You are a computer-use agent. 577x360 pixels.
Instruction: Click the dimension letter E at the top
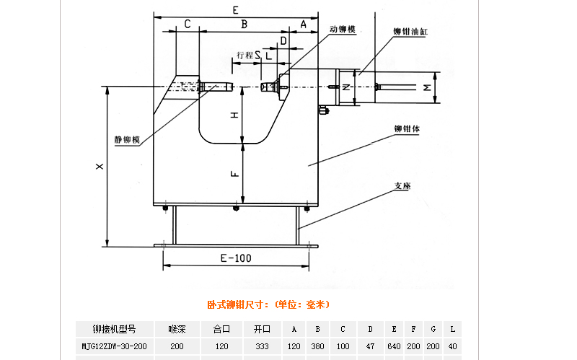[236, 9]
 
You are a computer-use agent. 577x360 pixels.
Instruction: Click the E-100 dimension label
[236, 258]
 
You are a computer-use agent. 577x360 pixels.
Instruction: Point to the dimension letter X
[100, 167]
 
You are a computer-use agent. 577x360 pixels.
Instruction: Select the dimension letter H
[234, 115]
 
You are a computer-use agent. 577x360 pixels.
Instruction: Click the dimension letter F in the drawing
[234, 174]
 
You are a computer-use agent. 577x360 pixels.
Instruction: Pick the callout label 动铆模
[342, 30]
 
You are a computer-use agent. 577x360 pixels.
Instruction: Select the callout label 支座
[402, 185]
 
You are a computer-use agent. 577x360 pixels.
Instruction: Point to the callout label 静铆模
[127, 140]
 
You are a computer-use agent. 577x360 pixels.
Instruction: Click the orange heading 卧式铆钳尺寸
[268, 304]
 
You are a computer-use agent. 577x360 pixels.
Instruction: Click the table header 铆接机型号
[115, 330]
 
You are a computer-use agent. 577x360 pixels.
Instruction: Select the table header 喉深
[177, 330]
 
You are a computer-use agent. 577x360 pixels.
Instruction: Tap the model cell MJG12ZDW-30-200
[115, 347]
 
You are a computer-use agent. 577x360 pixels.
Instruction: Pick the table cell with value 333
[261, 347]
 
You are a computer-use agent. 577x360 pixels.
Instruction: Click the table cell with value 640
[393, 347]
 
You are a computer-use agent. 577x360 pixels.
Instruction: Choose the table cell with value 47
[370, 347]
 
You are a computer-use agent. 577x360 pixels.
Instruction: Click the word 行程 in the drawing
[245, 55]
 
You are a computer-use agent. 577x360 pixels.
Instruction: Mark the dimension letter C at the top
[187, 25]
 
